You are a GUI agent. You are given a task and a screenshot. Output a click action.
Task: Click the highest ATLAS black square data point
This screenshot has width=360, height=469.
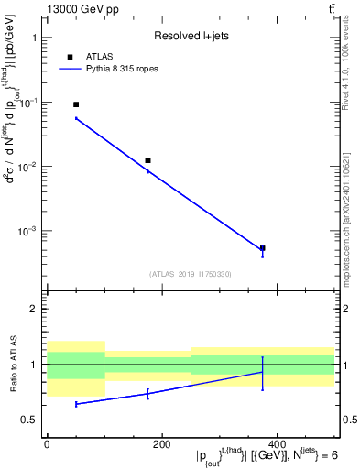tap(76, 104)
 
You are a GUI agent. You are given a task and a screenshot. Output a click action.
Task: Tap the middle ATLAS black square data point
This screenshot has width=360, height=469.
tap(147, 160)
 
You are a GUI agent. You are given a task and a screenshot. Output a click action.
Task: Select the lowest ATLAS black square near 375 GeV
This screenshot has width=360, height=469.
tap(262, 247)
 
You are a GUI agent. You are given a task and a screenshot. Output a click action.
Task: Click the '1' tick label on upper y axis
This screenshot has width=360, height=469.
tap(34, 38)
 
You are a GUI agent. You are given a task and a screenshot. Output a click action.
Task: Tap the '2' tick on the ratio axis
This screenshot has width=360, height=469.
tap(34, 309)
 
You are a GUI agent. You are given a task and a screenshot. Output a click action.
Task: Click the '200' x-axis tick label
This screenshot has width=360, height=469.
tap(161, 444)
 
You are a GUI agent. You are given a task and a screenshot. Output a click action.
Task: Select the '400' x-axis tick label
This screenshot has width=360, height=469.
tap(277, 444)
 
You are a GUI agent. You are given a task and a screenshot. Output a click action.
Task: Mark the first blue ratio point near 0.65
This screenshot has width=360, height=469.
tap(76, 403)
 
